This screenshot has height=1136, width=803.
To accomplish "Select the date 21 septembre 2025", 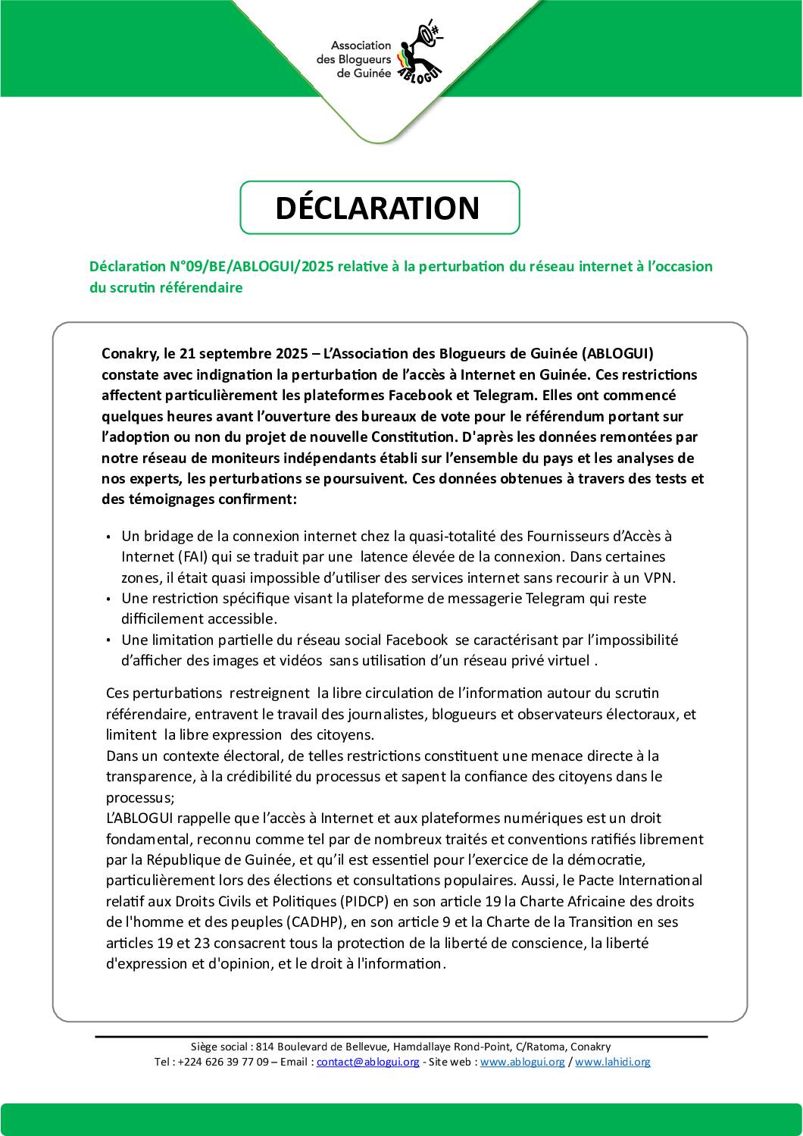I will [248, 354].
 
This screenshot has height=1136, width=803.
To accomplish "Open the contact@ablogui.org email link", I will [367, 1062].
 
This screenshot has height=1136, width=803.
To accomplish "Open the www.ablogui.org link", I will [523, 1062].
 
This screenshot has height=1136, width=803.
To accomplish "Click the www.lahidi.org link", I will [613, 1062].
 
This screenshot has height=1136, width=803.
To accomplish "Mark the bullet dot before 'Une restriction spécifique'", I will [110, 599].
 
